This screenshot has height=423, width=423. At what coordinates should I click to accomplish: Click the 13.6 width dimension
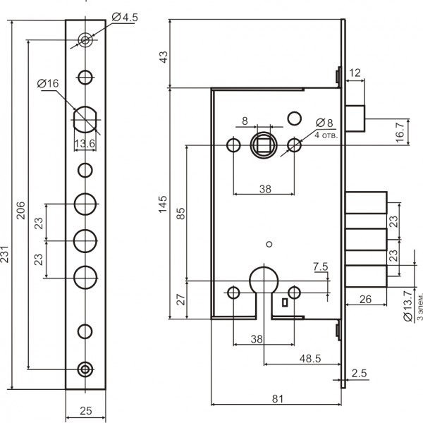point(85,145)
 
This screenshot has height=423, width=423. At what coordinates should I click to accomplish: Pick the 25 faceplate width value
point(86,409)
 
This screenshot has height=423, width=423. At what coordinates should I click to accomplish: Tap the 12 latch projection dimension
point(355,72)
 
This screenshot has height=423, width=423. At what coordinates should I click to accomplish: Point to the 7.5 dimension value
point(320,266)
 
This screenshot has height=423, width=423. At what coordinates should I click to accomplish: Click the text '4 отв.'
point(326,133)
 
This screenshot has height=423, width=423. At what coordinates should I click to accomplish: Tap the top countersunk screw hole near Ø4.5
point(86,40)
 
